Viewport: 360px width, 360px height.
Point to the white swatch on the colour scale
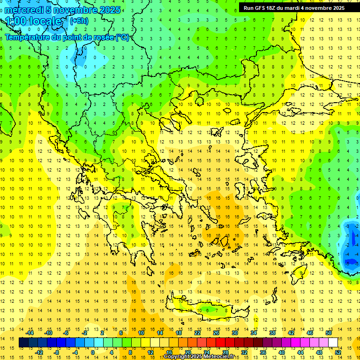tap(333, 343)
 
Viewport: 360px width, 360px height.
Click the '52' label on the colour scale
tap(338, 352)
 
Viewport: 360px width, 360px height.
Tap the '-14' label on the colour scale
tap(30, 333)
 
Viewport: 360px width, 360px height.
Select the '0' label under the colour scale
tap(92, 352)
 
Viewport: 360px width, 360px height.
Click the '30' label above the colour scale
tap(234, 333)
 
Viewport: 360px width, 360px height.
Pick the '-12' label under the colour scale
tap(39, 352)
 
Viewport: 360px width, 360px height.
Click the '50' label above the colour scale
tap(328, 333)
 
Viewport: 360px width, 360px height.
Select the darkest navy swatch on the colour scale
tap(23, 343)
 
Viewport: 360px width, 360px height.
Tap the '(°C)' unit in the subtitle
tap(122, 37)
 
